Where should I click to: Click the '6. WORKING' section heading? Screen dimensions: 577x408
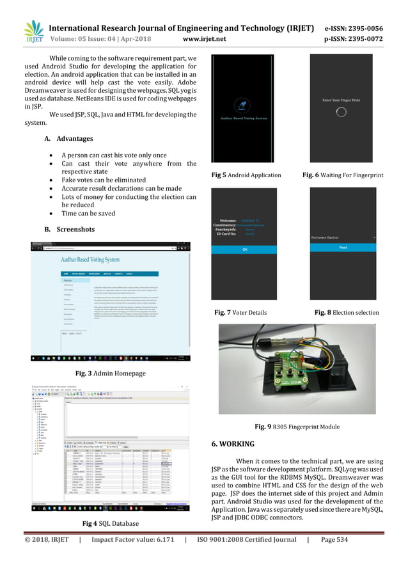click(237, 443)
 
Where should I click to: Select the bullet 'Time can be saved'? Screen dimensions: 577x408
click(88, 214)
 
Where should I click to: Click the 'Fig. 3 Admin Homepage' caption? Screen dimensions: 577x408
click(109, 372)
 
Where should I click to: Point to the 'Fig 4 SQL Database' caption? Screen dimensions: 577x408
click(110, 542)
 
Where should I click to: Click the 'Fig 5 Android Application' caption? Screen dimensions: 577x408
click(246, 175)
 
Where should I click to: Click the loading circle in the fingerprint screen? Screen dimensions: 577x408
click(341, 111)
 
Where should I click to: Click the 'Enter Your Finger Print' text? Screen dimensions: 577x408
click(341, 98)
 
